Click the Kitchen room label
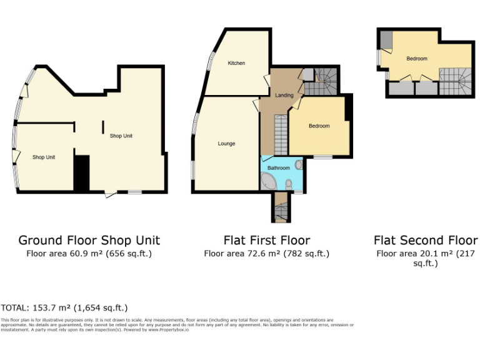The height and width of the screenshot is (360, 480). click(x=236, y=63)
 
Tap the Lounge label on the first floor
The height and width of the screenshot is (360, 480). click(x=226, y=144)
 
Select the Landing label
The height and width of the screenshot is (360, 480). click(x=284, y=95)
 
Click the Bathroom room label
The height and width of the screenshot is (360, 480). click(x=279, y=168)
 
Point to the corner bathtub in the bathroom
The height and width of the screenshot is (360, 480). click(x=269, y=183)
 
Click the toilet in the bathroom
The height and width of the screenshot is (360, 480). click(x=289, y=184)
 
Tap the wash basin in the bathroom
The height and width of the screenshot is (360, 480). click(x=298, y=165)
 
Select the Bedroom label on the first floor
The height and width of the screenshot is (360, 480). click(x=319, y=126)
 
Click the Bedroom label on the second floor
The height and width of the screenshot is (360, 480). click(x=417, y=59)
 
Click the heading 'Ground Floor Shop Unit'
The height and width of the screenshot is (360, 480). click(x=89, y=240)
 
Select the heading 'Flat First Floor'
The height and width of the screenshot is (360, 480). click(x=266, y=240)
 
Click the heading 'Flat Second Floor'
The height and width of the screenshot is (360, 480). click(x=426, y=240)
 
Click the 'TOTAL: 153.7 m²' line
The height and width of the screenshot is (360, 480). click(x=64, y=307)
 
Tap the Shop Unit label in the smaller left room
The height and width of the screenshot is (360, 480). click(x=44, y=157)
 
